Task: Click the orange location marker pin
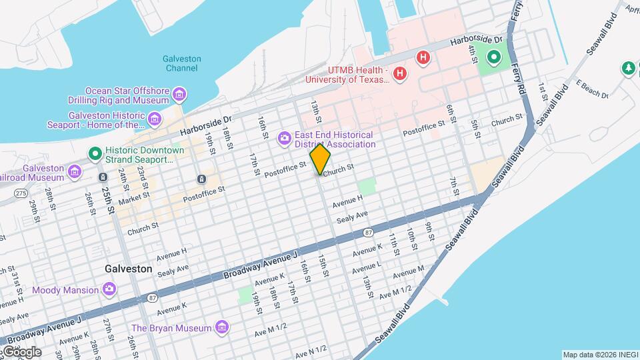(320, 159)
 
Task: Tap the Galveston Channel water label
(181, 63)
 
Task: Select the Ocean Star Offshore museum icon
(179, 95)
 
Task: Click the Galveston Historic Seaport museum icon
(155, 119)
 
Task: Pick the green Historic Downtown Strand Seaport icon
(95, 154)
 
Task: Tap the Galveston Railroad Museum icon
(75, 173)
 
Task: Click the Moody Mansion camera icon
(109, 289)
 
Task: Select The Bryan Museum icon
(222, 327)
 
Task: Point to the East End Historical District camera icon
(284, 138)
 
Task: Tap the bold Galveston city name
(128, 269)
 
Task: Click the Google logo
(21, 351)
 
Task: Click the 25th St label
(109, 200)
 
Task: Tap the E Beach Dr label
(592, 90)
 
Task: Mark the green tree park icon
(627, 68)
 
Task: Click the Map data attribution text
(599, 355)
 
